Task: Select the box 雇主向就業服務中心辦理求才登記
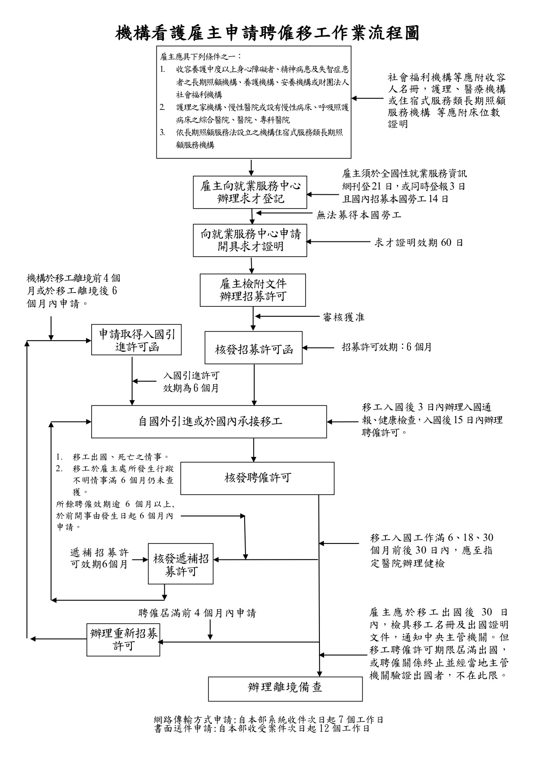pyautogui.click(x=250, y=192)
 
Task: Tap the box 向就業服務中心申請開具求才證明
pyautogui.click(x=250, y=240)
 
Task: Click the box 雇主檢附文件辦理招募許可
pyautogui.click(x=253, y=290)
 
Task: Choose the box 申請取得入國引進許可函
pyautogui.click(x=137, y=340)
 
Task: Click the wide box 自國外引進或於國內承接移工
pyautogui.click(x=209, y=421)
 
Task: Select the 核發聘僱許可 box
pyautogui.click(x=257, y=478)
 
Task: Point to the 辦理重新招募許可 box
pyautogui.click(x=124, y=640)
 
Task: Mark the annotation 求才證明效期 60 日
pyautogui.click(x=418, y=242)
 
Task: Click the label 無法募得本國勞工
pyautogui.click(x=359, y=215)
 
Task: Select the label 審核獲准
pyautogui.click(x=344, y=317)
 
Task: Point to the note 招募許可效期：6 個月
pyautogui.click(x=386, y=347)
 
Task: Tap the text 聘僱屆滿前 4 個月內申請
pyautogui.click(x=197, y=613)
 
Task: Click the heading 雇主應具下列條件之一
pyautogui.click(x=201, y=57)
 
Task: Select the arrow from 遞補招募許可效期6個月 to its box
pyautogui.click(x=140, y=560)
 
